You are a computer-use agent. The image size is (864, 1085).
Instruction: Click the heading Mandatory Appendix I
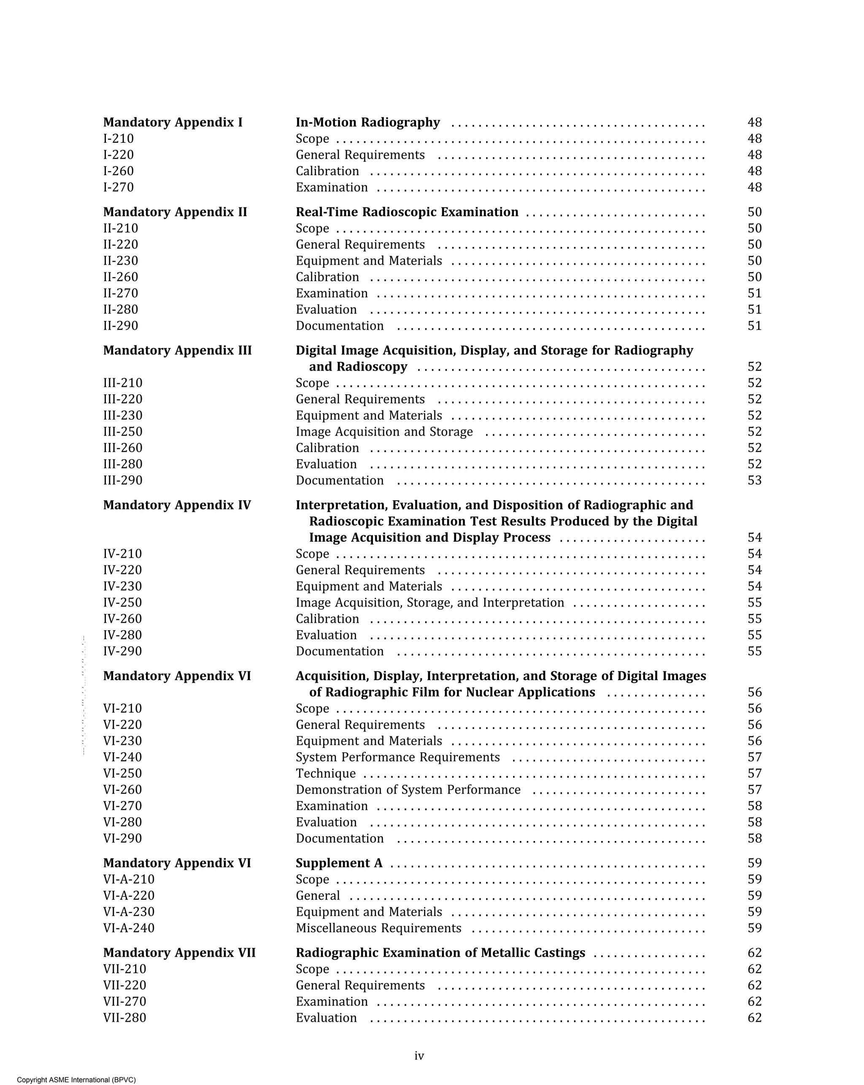click(173, 122)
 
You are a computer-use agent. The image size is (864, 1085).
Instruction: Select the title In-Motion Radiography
click(367, 122)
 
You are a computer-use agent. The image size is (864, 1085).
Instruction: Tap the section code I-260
click(118, 171)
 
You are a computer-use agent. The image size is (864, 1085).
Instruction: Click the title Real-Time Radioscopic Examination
click(407, 212)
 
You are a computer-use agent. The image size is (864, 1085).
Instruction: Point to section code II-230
click(120, 260)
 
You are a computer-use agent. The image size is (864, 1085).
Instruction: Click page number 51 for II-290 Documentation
click(754, 325)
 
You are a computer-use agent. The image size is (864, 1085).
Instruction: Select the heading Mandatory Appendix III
click(177, 350)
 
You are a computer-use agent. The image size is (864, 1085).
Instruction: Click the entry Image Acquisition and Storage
click(384, 432)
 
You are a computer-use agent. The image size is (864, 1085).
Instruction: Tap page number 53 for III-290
click(754, 480)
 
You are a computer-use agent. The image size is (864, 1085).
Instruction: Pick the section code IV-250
click(122, 602)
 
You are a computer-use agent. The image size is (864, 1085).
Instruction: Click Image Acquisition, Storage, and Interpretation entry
click(429, 602)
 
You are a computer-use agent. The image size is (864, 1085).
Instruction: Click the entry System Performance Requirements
click(397, 757)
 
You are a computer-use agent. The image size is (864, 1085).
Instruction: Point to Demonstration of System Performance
click(408, 789)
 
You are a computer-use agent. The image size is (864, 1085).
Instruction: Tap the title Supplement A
click(339, 863)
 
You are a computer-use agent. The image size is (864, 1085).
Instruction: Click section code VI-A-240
click(129, 928)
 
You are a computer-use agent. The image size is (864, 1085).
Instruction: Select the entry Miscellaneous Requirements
click(378, 928)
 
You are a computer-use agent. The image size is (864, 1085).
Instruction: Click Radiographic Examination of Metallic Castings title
click(440, 952)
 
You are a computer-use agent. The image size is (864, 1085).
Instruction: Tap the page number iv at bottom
click(419, 1056)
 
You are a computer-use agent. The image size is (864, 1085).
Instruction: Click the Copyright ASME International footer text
click(76, 1080)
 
